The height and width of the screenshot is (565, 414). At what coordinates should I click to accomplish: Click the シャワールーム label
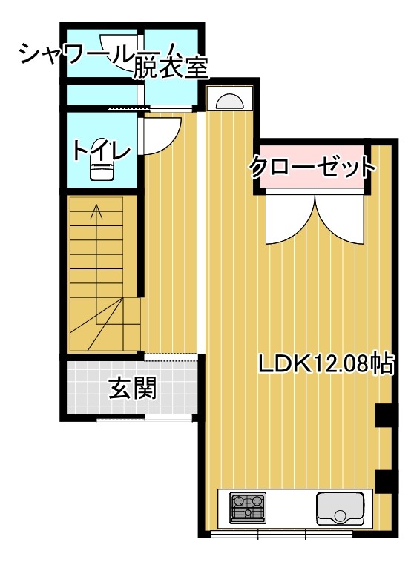[77, 54]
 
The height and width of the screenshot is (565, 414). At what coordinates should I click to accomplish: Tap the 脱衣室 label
[171, 67]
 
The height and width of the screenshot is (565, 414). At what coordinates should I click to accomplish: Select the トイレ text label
[102, 150]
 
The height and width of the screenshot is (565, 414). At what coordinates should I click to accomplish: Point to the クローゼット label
[312, 167]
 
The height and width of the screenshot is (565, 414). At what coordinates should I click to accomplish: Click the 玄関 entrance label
[133, 388]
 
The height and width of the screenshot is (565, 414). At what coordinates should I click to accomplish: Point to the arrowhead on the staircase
[96, 211]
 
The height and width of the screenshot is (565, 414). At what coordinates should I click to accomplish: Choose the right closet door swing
[340, 219]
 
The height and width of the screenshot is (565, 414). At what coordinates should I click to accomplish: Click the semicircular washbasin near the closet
[229, 100]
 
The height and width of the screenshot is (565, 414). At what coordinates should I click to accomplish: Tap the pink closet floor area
[312, 167]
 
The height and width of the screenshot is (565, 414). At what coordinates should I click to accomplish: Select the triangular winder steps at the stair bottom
[105, 323]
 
